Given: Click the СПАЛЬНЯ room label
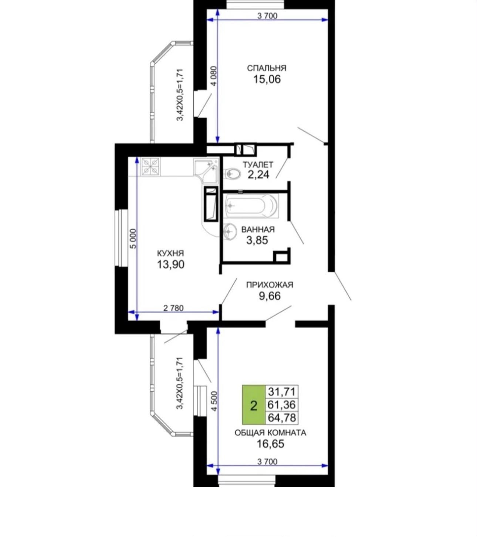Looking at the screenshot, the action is [x=267, y=68].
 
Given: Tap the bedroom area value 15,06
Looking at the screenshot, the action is [x=267, y=79].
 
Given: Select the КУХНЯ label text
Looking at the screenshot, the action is [x=170, y=254].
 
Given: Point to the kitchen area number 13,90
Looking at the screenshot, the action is [x=170, y=265].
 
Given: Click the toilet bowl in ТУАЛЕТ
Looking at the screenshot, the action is [x=232, y=174].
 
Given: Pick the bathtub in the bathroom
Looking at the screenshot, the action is [x=251, y=206].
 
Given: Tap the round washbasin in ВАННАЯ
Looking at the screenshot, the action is [x=230, y=231].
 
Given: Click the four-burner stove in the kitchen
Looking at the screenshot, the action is [x=150, y=167].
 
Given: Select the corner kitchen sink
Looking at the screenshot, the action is [x=206, y=170].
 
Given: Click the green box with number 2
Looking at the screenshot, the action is [x=254, y=405].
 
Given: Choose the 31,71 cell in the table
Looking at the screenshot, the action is [x=282, y=391].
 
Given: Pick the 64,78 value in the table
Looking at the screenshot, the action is [x=282, y=418].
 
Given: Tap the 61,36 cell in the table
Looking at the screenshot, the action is [x=282, y=405].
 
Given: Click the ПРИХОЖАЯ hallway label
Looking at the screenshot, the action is [x=270, y=285].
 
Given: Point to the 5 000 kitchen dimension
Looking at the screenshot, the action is [x=133, y=238].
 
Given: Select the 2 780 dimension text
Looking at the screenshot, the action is [x=173, y=308].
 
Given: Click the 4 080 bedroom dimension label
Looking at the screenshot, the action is [x=214, y=75].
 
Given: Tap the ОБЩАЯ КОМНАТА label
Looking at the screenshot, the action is [x=270, y=433].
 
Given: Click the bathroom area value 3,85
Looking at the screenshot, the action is [x=257, y=240].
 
